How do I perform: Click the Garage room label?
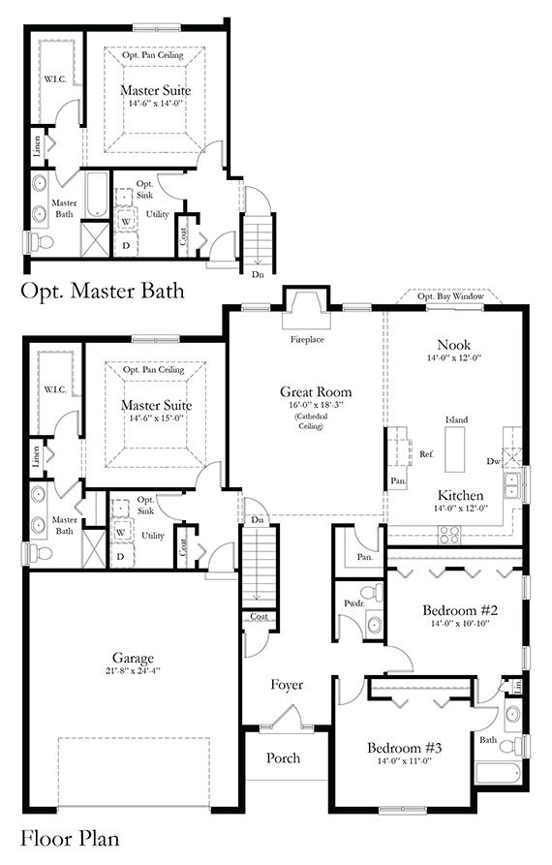coord(132,658)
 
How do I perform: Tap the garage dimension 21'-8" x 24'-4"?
coord(132,671)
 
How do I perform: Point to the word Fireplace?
coord(306,341)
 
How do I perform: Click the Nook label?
coord(453,345)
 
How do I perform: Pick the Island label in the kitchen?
coord(456,419)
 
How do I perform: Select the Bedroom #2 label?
coord(460,611)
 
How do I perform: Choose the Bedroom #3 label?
coord(405,748)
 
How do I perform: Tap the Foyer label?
coord(286,685)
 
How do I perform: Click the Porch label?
coord(284,757)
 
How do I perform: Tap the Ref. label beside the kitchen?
coord(425,453)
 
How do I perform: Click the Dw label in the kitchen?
coord(493,461)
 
